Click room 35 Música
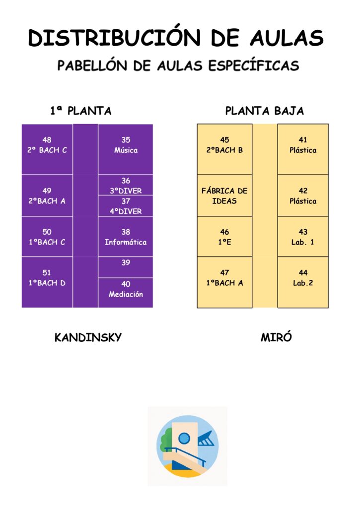(x=126, y=149)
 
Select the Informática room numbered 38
(x=126, y=237)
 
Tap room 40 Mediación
(x=126, y=293)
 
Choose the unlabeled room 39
(x=126, y=267)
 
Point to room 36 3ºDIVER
(x=126, y=185)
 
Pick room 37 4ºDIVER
(x=126, y=206)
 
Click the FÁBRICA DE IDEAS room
(x=224, y=195)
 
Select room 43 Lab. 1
(x=303, y=237)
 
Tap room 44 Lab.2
(x=303, y=282)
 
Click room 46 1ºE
(x=224, y=237)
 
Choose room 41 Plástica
(x=303, y=149)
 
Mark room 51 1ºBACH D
(x=47, y=282)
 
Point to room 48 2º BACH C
(x=47, y=149)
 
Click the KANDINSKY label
(x=88, y=337)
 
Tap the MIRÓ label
(x=276, y=337)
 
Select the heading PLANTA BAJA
(x=264, y=111)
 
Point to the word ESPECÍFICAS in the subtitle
(x=253, y=65)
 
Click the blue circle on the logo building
(x=184, y=439)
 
